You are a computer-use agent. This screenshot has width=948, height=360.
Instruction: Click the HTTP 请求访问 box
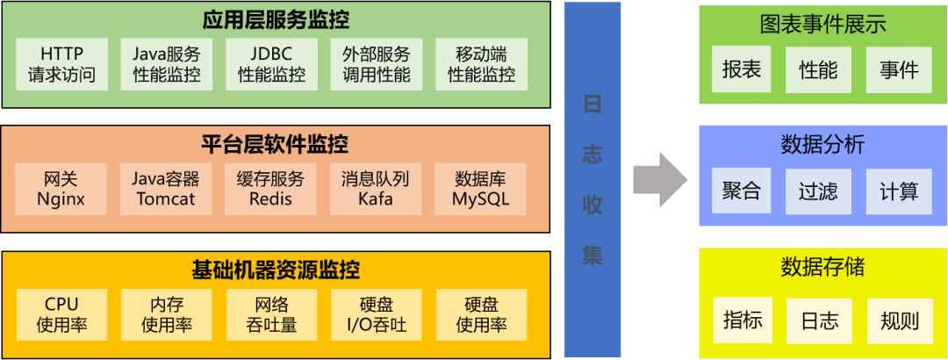pos(61,63)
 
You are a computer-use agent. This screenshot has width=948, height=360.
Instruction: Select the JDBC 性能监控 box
pos(272,63)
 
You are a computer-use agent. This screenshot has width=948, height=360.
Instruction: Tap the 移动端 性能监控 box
pos(482,63)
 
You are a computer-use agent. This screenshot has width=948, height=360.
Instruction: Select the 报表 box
pos(742,70)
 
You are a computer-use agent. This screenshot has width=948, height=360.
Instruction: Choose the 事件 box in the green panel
pos(898,70)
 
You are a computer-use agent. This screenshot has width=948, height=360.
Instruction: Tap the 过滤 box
pos(819,191)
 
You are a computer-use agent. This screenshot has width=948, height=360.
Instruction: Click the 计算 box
pos(898,191)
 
